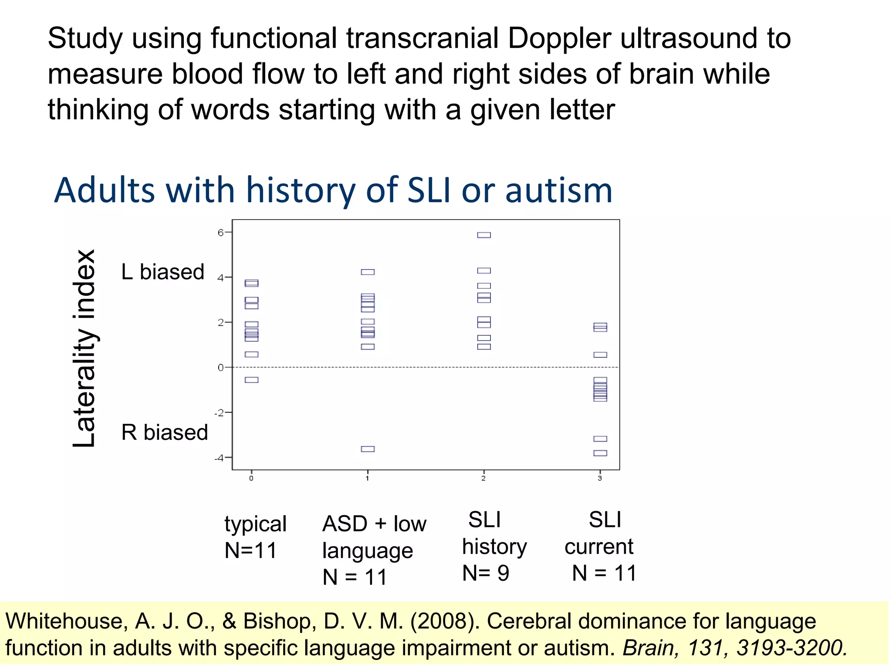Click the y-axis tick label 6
tap(220, 233)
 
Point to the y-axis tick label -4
tap(219, 458)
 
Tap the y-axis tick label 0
tap(220, 368)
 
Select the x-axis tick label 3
tap(600, 478)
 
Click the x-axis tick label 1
tap(368, 478)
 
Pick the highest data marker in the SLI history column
tap(484, 235)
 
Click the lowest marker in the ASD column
tap(368, 449)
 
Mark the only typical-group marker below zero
tap(251, 380)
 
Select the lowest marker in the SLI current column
tap(600, 453)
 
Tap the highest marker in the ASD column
tap(368, 272)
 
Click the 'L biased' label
tap(163, 272)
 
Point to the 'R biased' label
tap(165, 432)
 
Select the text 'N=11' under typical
tap(251, 551)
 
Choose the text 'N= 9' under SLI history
tap(486, 573)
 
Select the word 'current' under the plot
tap(599, 547)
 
